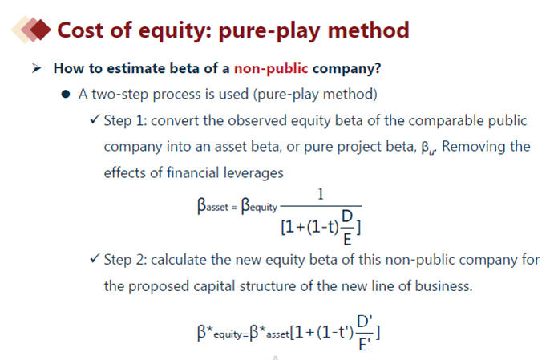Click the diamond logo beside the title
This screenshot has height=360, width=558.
point(31,30)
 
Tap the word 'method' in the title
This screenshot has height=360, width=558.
point(368,30)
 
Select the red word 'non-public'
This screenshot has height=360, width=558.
point(271,68)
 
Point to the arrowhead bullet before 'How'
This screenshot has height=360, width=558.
point(36,67)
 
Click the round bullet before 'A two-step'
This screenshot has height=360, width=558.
point(66,95)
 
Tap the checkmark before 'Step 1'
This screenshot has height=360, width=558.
point(95,119)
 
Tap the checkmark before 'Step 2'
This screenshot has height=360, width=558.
point(95,258)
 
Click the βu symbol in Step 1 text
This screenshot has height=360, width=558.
point(428,148)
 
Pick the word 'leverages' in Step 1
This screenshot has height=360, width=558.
point(253,173)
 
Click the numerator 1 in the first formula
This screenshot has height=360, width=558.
point(321,194)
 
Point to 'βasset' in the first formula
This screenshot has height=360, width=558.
point(212,206)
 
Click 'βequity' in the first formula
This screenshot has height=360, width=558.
point(259,206)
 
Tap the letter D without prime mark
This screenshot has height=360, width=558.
point(347,216)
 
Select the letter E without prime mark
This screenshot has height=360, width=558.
point(347,240)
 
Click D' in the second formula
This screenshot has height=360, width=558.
point(365,322)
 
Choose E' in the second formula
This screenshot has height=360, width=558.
point(365,345)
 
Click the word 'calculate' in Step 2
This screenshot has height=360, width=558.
point(179,260)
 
